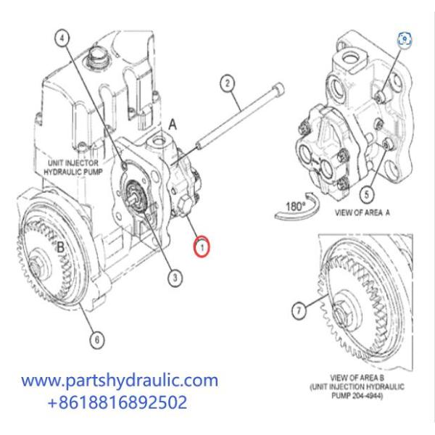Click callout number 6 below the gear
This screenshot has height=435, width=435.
click(95, 336)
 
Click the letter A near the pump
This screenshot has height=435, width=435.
click(173, 124)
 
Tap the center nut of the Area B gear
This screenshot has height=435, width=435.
click(343, 316)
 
